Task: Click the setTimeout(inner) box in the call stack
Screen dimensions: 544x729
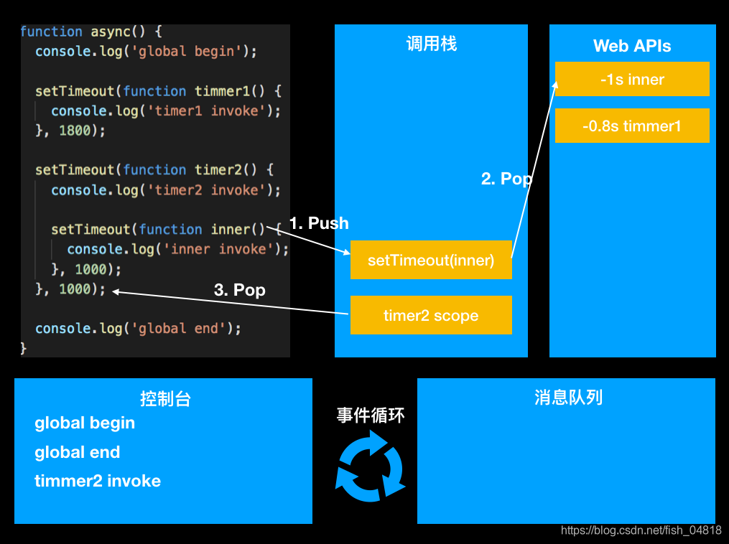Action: [431, 260]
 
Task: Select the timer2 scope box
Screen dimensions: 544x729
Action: [431, 315]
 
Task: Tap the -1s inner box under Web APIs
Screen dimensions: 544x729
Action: [632, 79]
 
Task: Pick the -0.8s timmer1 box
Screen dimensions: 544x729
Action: [632, 126]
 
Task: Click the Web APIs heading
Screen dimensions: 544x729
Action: [632, 46]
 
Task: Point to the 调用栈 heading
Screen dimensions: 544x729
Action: [431, 44]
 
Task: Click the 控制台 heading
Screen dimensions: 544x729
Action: [165, 399]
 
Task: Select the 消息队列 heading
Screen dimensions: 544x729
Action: [568, 398]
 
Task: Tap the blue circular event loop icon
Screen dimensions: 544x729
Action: [371, 466]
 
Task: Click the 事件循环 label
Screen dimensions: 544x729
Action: [371, 416]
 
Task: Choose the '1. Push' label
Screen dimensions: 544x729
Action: [319, 223]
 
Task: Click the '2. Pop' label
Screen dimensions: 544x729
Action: [506, 179]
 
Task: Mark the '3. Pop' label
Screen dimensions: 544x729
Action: [240, 290]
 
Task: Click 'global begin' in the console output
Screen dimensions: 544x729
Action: [85, 423]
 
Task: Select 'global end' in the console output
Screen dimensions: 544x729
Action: [77, 452]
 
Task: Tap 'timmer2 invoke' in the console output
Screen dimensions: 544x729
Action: [98, 481]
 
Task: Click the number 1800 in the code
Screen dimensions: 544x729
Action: [75, 131]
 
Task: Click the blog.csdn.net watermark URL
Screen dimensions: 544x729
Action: [641, 530]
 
